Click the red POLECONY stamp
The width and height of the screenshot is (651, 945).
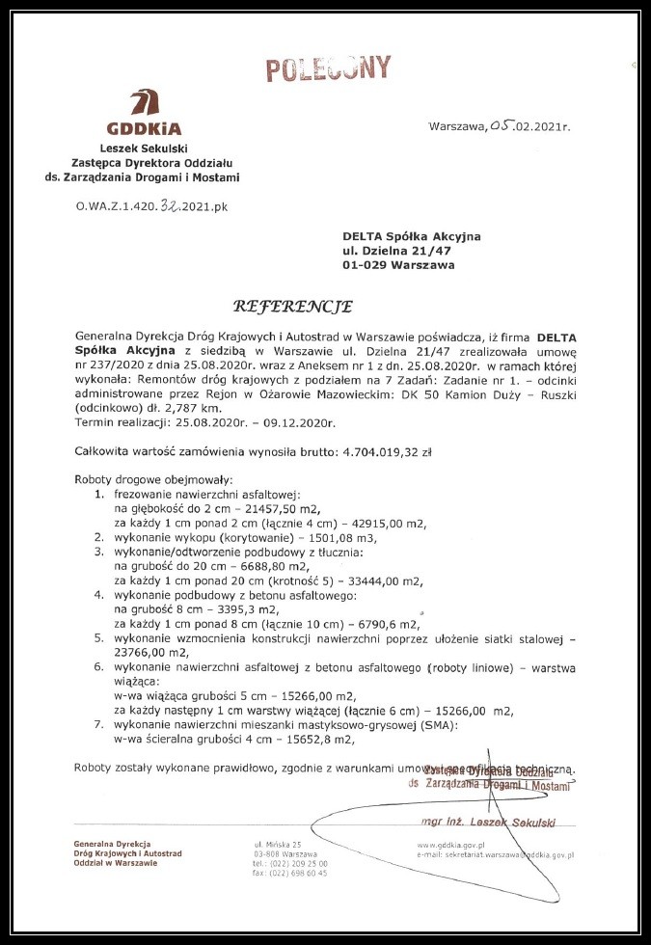tap(329, 68)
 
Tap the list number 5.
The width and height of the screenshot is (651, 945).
tap(98, 637)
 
